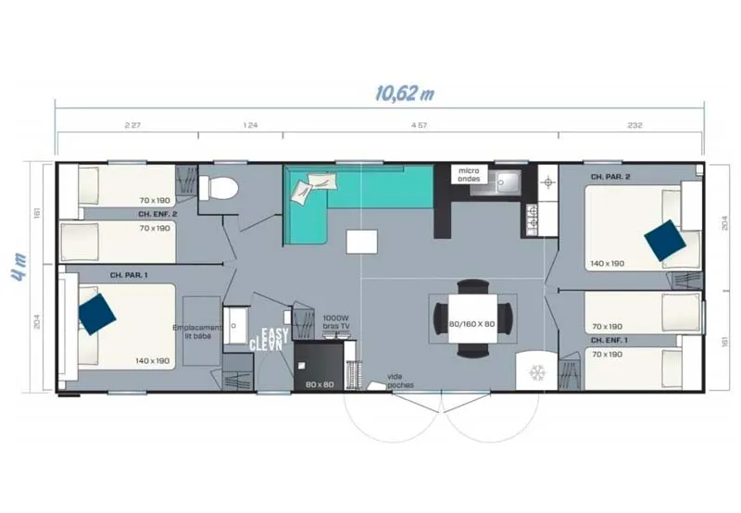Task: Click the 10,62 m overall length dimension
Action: click(405, 94)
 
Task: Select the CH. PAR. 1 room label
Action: click(129, 275)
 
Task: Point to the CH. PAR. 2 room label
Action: click(610, 175)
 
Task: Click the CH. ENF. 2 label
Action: click(157, 214)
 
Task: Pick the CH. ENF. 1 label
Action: click(610, 340)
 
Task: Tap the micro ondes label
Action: click(469, 175)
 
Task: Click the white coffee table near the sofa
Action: click(363, 242)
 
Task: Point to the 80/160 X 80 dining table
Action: click(472, 322)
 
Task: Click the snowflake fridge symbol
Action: click(536, 372)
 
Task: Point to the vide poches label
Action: click(401, 382)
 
